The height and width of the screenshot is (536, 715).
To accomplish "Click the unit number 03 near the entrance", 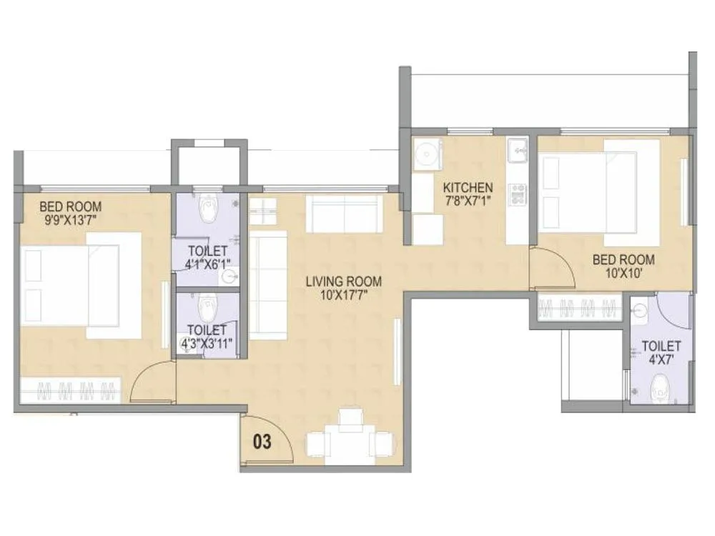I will tap(263, 442).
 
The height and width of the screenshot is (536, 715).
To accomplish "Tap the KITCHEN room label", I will tap(468, 188).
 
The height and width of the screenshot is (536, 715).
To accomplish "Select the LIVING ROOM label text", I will tap(343, 282).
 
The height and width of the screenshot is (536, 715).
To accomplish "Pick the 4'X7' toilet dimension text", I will tap(661, 359).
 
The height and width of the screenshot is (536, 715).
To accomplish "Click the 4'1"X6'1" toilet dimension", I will tap(207, 264).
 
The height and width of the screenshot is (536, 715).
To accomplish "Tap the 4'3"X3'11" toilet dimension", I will tap(207, 342).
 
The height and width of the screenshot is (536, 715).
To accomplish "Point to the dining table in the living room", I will tap(350, 437).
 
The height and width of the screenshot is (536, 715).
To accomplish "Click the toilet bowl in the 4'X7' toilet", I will tap(660, 390).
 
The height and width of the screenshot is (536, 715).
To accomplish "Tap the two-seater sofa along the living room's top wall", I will tap(345, 213).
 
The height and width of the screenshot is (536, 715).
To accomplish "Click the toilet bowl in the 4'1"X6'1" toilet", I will tap(207, 210).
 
